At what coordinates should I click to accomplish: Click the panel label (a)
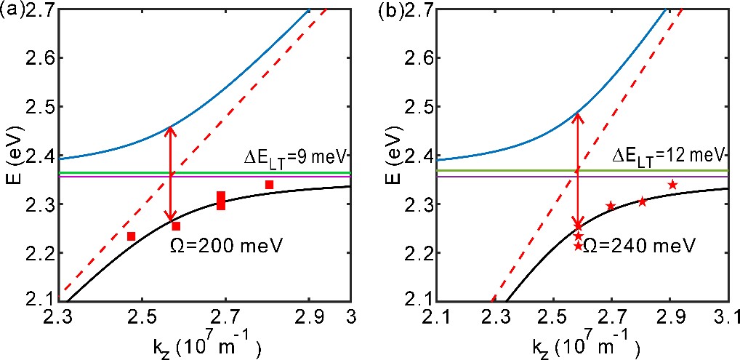click(x=12, y=10)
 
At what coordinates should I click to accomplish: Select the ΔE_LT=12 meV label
click(x=667, y=155)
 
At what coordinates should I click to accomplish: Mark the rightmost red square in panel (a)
click(x=269, y=185)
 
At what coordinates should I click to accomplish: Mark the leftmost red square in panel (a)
click(x=132, y=236)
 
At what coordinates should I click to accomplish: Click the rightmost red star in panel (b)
click(x=672, y=185)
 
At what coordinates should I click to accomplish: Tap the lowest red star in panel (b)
click(x=579, y=247)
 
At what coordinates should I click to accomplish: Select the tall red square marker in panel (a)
click(x=221, y=200)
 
